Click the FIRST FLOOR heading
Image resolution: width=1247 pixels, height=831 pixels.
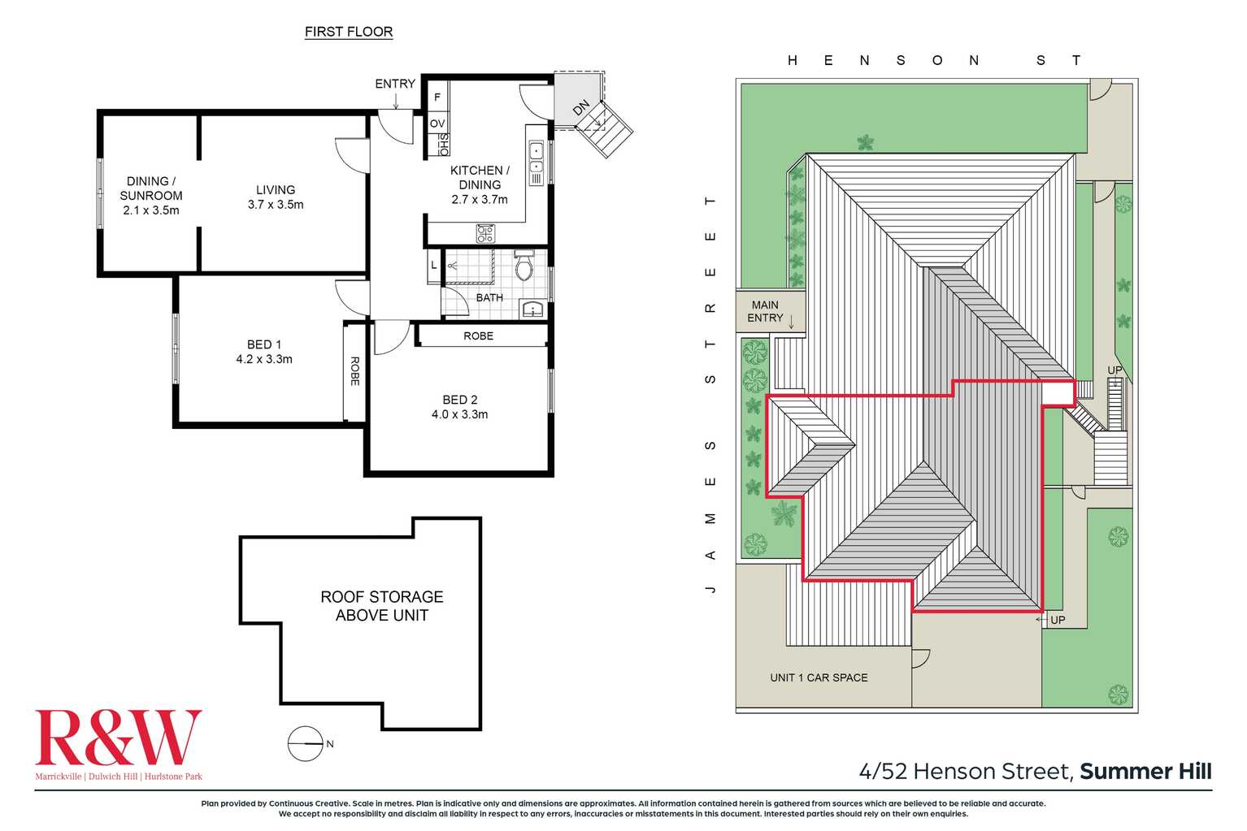[x=349, y=32]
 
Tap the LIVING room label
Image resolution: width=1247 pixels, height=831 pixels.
[x=276, y=190]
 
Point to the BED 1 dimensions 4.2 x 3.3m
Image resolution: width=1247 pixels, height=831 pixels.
[x=264, y=359]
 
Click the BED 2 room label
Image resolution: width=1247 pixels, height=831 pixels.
[x=460, y=400]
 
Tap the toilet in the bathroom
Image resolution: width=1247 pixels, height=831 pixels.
[x=524, y=266]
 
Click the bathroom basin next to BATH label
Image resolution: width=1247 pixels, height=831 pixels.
[x=532, y=309]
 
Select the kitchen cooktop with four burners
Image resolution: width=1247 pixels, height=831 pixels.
[x=485, y=234]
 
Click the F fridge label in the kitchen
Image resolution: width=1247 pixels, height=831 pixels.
[x=437, y=97]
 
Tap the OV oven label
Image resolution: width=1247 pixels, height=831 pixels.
[x=437, y=123]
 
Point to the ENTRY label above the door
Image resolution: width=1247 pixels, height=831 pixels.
[x=395, y=84]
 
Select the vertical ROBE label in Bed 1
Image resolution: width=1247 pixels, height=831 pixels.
[x=355, y=371]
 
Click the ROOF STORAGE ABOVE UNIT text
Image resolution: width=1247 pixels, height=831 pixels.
[x=382, y=606]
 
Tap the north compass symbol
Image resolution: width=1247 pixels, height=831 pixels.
[x=306, y=743]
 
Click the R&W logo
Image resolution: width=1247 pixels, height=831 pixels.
[x=118, y=738]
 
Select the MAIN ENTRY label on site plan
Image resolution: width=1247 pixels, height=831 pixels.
[x=765, y=311]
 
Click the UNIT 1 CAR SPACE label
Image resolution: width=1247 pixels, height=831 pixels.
[x=819, y=677]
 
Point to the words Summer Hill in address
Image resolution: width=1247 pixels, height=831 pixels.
[x=1145, y=771]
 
